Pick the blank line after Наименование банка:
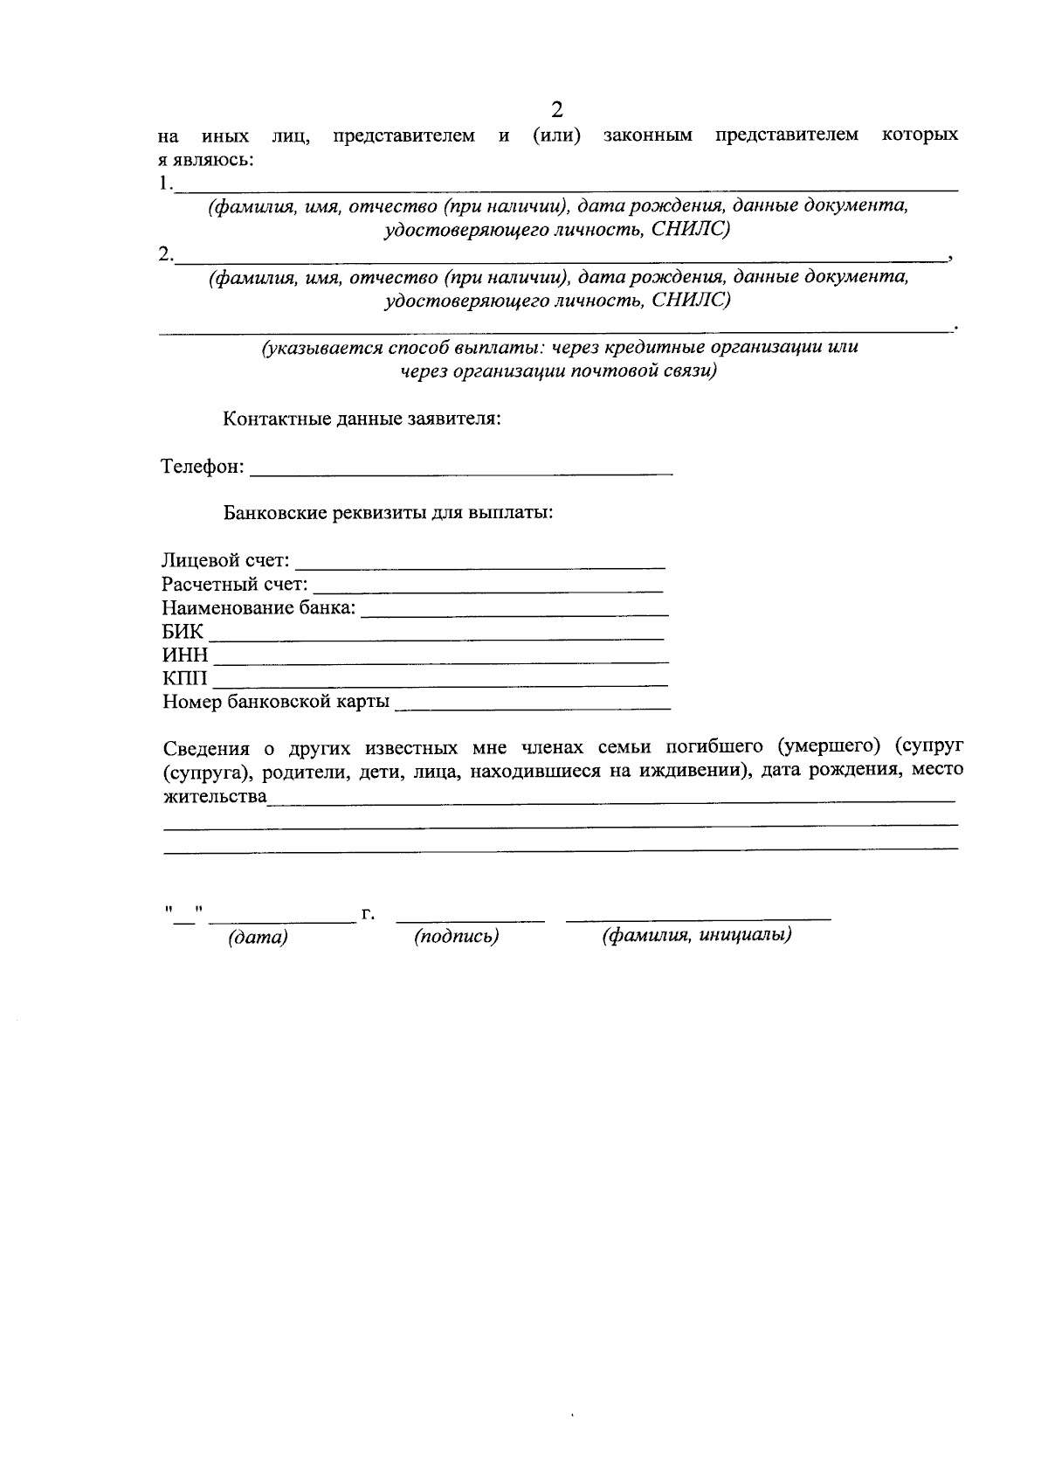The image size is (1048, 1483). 514,608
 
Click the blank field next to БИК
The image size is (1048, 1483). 436,632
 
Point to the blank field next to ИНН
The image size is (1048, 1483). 441,655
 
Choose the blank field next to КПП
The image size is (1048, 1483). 441,679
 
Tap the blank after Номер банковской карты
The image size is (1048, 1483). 533,703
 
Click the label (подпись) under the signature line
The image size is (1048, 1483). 457,937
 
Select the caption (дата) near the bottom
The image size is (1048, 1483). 258,939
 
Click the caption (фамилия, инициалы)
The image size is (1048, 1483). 697,935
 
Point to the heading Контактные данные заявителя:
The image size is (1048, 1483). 362,419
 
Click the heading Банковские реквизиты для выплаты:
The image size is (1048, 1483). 389,512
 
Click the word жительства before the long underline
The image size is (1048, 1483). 215,796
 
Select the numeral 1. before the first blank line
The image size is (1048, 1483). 166,184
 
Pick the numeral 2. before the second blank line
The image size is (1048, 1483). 166,254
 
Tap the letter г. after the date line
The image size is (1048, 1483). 368,914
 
